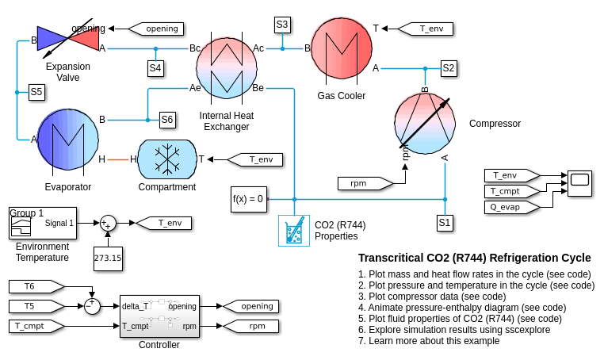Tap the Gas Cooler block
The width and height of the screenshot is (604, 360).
click(x=341, y=49)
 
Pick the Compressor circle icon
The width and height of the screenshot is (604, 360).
click(x=425, y=124)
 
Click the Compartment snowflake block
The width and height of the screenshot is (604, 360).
click(x=166, y=159)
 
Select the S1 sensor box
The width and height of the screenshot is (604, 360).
click(x=445, y=223)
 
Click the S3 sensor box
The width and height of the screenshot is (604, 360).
click(x=282, y=25)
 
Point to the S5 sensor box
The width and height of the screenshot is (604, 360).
click(x=36, y=92)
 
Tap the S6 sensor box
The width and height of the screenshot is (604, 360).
click(x=166, y=120)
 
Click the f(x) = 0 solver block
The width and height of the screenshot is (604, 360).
click(x=248, y=198)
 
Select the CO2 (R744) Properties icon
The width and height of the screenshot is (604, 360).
click(x=293, y=230)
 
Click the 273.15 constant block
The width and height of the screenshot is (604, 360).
click(x=108, y=258)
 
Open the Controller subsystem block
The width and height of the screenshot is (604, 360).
click(x=159, y=316)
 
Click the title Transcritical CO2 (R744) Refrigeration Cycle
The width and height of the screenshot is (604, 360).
click(x=474, y=258)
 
